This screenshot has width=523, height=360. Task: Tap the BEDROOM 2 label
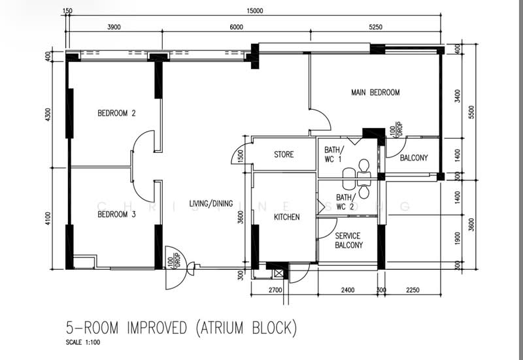116,113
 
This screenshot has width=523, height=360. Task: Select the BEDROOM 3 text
116,214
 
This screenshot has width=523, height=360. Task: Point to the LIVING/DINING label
211,204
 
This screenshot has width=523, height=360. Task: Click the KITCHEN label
286,217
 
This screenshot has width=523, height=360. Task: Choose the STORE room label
284,155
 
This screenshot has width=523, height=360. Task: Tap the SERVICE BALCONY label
348,240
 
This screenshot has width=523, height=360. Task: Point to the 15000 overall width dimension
254,10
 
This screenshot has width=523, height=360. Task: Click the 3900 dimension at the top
113,27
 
